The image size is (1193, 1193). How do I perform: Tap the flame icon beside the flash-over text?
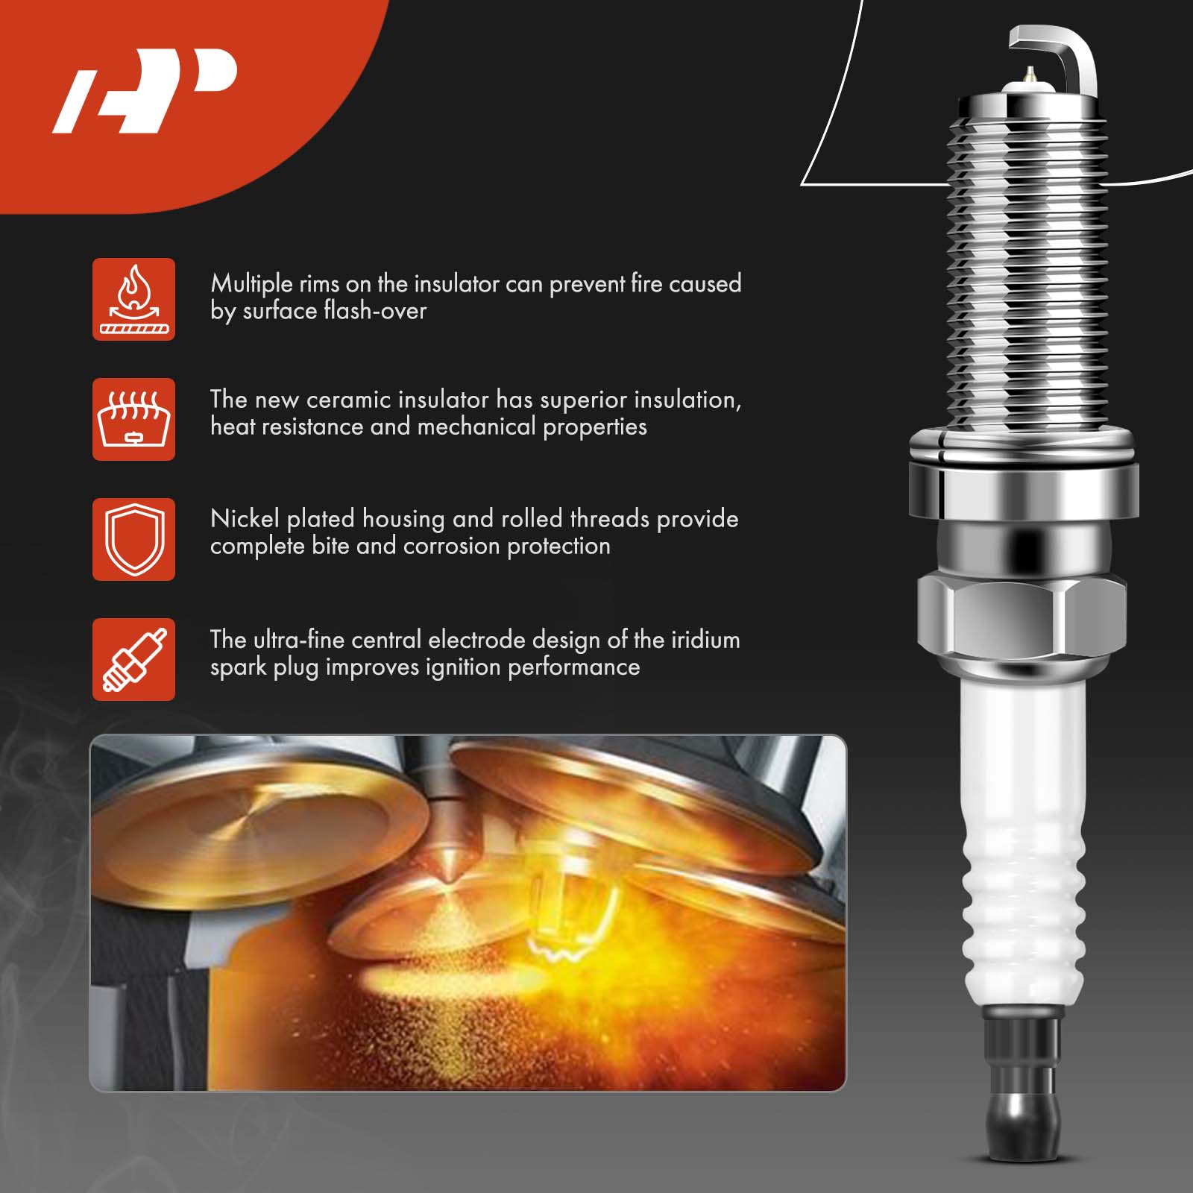134,299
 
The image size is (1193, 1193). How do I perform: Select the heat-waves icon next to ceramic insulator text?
134,419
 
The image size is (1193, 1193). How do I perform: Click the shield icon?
134,539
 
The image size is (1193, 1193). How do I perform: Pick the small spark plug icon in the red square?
134,659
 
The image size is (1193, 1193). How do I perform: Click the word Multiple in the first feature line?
252,284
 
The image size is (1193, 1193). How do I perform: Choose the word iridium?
694,639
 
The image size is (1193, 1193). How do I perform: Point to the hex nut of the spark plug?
1022,617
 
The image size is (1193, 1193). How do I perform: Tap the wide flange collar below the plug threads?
1024,477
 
